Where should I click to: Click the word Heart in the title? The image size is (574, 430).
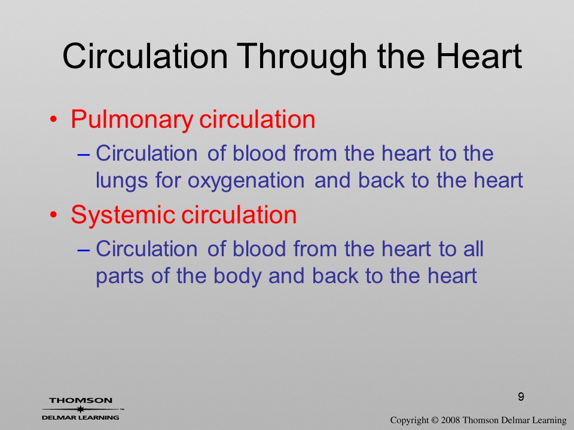click(x=479, y=56)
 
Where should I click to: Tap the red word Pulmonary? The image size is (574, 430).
click(x=132, y=120)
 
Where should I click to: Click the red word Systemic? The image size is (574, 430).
click(x=122, y=214)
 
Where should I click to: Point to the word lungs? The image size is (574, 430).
click(x=122, y=182)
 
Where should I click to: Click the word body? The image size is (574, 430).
click(x=237, y=277)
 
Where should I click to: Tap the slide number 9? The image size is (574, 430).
click(x=521, y=397)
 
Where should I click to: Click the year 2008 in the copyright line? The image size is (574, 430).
click(x=450, y=420)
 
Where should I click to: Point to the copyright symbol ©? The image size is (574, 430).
click(x=435, y=420)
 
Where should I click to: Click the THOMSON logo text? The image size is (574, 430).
click(x=81, y=400)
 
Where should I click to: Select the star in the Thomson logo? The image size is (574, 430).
click(x=81, y=409)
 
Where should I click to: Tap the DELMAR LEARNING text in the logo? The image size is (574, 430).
click(x=81, y=417)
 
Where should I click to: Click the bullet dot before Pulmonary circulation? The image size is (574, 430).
click(x=54, y=119)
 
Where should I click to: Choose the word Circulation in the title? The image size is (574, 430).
click(x=145, y=56)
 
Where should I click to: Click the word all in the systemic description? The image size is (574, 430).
click(x=474, y=248)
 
